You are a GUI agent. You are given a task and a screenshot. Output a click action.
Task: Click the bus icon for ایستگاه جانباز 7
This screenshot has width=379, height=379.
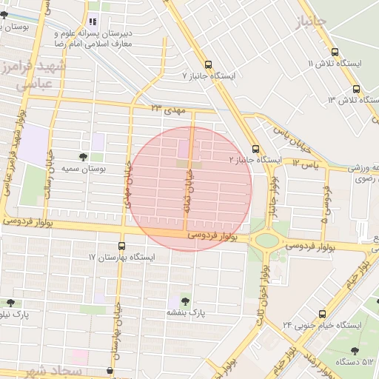[x=207, y=64]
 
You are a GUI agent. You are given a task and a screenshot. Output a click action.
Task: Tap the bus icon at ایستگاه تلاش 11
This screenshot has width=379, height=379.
[x=335, y=52]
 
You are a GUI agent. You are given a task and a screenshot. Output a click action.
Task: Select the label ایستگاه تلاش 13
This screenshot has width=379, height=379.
[x=354, y=100]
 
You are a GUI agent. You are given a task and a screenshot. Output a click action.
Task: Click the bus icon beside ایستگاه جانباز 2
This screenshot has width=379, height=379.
[x=255, y=148]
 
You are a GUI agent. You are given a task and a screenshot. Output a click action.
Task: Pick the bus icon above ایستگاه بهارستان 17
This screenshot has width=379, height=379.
[x=121, y=246]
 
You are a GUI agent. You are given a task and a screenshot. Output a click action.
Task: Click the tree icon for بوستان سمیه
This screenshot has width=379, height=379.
[x=82, y=157]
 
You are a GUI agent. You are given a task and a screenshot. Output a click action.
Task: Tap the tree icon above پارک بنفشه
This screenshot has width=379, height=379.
[x=185, y=301]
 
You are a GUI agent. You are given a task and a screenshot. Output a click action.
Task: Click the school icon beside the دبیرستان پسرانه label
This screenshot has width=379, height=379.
[x=93, y=21]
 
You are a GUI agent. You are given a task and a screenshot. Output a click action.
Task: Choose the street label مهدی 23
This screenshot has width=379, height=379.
[x=166, y=108]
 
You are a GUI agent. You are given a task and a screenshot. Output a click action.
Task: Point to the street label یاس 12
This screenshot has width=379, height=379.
[x=305, y=163]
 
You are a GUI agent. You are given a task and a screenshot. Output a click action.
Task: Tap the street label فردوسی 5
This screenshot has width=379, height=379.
[x=324, y=201]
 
